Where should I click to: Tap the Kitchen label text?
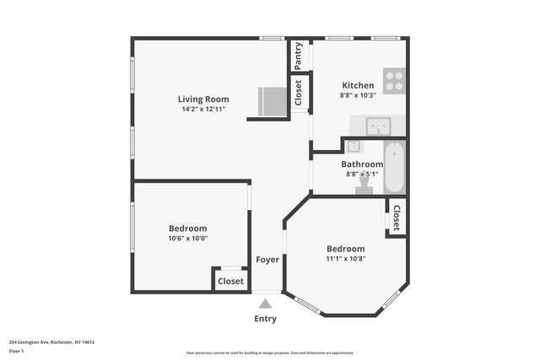358,85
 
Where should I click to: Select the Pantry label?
298,56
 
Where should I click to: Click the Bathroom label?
362,164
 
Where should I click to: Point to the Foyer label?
267,260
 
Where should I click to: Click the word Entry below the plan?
265,319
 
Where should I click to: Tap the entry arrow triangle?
265,304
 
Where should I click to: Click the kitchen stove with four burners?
394,81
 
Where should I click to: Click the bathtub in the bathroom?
394,167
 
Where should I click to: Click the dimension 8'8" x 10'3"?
358,96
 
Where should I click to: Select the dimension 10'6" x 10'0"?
187,239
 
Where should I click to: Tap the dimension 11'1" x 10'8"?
346,259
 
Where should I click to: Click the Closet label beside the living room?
298,92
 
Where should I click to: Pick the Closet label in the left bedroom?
230,281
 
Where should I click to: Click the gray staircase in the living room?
272,102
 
